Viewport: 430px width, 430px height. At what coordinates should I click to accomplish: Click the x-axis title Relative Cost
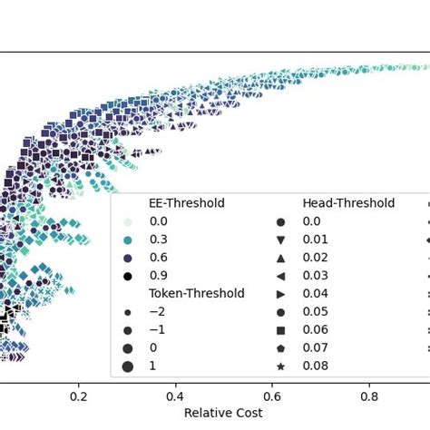[223, 413]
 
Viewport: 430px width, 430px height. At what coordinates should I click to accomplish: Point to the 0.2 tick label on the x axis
[79, 396]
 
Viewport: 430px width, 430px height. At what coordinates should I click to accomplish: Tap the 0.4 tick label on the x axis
[175, 396]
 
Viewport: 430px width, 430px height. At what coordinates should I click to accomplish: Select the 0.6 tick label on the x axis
[272, 396]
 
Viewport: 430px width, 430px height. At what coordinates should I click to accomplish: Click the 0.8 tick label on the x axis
[369, 396]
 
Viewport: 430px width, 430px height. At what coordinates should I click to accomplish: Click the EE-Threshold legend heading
[187, 203]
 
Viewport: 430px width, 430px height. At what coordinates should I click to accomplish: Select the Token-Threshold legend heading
[197, 293]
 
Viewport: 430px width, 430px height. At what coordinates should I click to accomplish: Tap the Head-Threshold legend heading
[348, 203]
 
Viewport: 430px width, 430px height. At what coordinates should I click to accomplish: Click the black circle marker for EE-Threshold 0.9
[128, 276]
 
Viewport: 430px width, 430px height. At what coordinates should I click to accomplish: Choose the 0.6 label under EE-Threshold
[158, 258]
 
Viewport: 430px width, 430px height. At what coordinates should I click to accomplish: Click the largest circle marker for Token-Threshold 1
[128, 366]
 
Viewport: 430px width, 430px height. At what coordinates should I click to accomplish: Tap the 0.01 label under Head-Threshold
[314, 239]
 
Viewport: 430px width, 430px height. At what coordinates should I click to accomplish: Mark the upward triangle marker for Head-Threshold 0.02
[281, 258]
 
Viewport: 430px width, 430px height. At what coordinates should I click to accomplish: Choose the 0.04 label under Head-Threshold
[314, 294]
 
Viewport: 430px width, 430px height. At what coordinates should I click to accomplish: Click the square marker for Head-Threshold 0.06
[281, 329]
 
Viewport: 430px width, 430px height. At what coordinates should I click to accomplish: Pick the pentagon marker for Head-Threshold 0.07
[281, 347]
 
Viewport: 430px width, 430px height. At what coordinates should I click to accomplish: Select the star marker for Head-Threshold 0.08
[281, 366]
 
